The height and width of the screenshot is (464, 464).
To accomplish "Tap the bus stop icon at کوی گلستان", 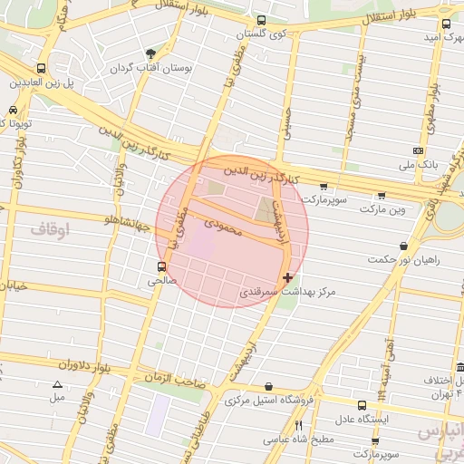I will coord(261,20).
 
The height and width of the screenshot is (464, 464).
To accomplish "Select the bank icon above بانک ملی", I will coord(418,150).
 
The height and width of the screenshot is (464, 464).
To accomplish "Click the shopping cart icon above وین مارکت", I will coord(382,195).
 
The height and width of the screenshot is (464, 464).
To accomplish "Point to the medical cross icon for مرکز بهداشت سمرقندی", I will coord(288,277).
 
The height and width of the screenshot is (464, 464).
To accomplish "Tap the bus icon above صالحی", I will coord(161,266).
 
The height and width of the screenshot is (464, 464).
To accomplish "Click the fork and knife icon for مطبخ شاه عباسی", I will coord(297,424).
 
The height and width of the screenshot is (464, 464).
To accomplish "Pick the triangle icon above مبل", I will coord(58,384).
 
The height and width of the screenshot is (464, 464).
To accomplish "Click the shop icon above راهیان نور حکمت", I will coord(403,246).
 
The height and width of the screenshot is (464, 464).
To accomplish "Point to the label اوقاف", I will coord(50,230).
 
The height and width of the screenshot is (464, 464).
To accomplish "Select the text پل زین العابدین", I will coord(41,82).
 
